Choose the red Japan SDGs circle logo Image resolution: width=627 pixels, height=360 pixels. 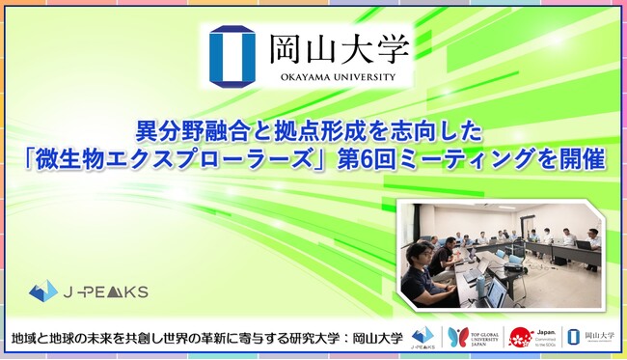click(522, 337)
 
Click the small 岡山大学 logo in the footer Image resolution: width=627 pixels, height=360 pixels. click(587, 338)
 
